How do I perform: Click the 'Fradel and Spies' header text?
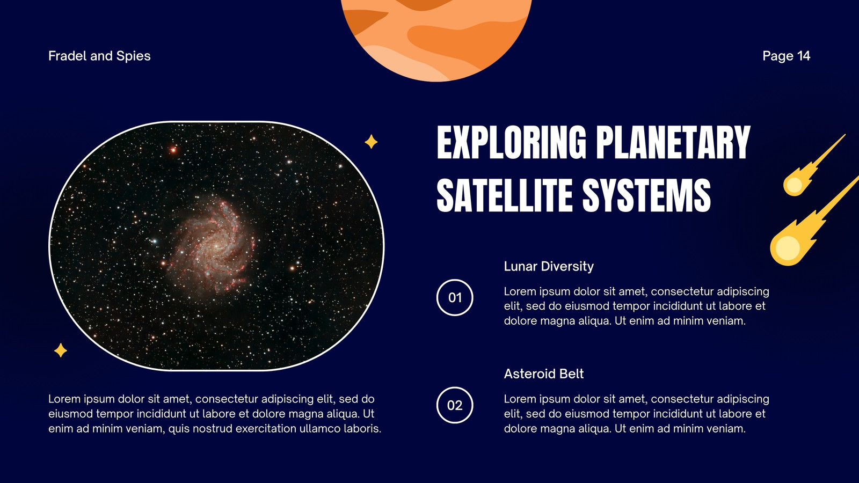[99, 56]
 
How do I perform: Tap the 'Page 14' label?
[786, 56]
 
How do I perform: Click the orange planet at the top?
[436, 34]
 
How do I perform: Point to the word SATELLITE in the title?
[505, 195]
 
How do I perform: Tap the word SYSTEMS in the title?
[646, 195]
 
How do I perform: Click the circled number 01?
[455, 297]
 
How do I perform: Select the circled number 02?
[455, 405]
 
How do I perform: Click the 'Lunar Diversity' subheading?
[548, 266]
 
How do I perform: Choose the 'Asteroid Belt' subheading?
[544, 374]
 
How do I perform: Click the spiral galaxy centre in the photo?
[215, 246]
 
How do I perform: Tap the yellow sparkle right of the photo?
[371, 142]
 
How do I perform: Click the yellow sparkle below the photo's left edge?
[61, 350]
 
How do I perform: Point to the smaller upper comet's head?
[794, 185]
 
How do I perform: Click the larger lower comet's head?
[787, 247]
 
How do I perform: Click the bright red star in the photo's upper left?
[173, 150]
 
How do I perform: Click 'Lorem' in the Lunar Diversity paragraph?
[520, 291]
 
